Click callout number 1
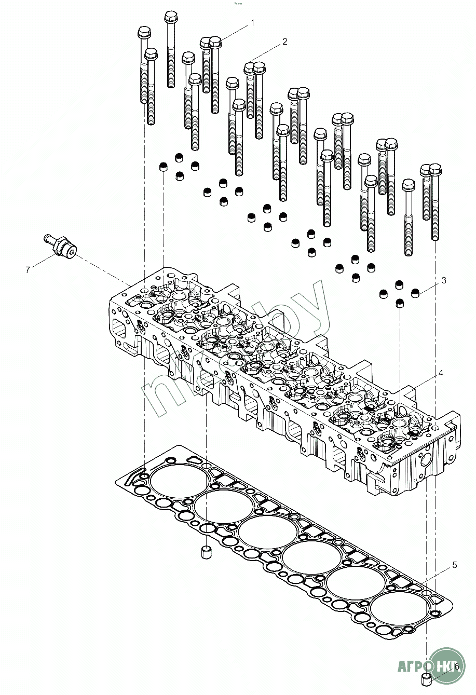pos(252,23)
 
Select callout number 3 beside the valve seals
pos(444,281)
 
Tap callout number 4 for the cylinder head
pos(441,373)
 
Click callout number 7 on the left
pos(28,269)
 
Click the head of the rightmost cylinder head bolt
pos(436,170)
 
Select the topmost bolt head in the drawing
pos(171,17)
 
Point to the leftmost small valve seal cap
pos(163,167)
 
